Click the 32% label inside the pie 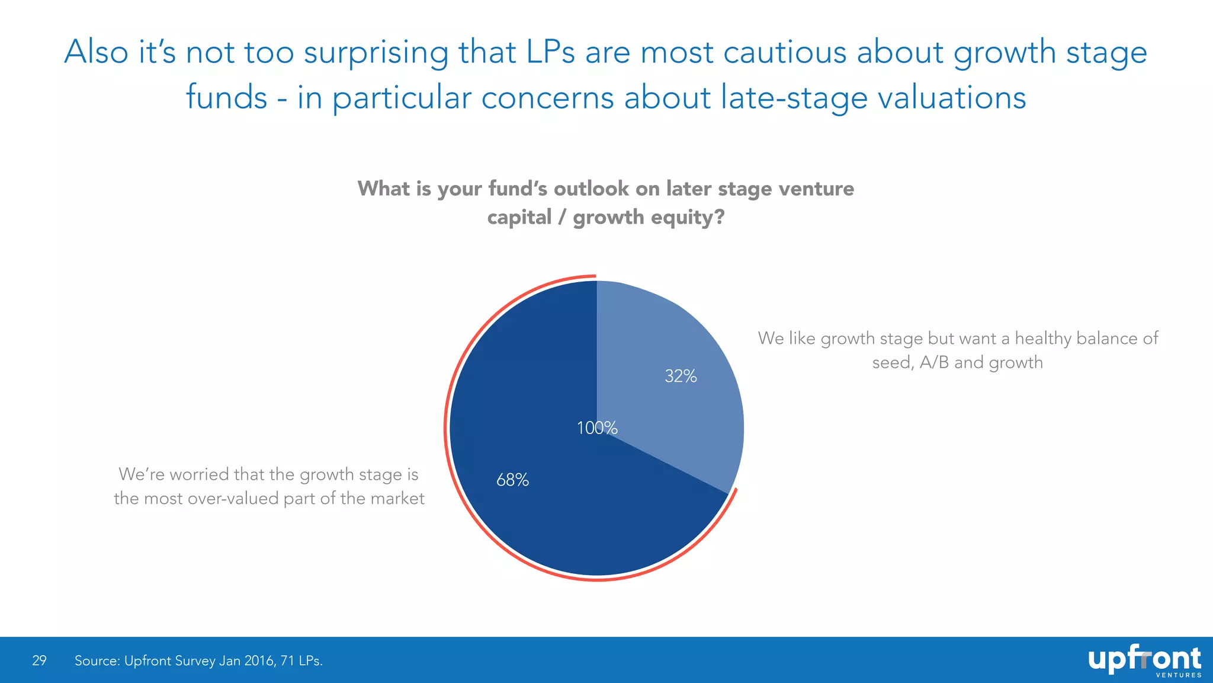point(681,376)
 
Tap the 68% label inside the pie point(512,480)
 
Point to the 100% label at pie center point(597,427)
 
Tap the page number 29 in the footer point(39,660)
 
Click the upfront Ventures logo point(1144,660)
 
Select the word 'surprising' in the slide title point(376,52)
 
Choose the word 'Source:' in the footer point(97,660)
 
